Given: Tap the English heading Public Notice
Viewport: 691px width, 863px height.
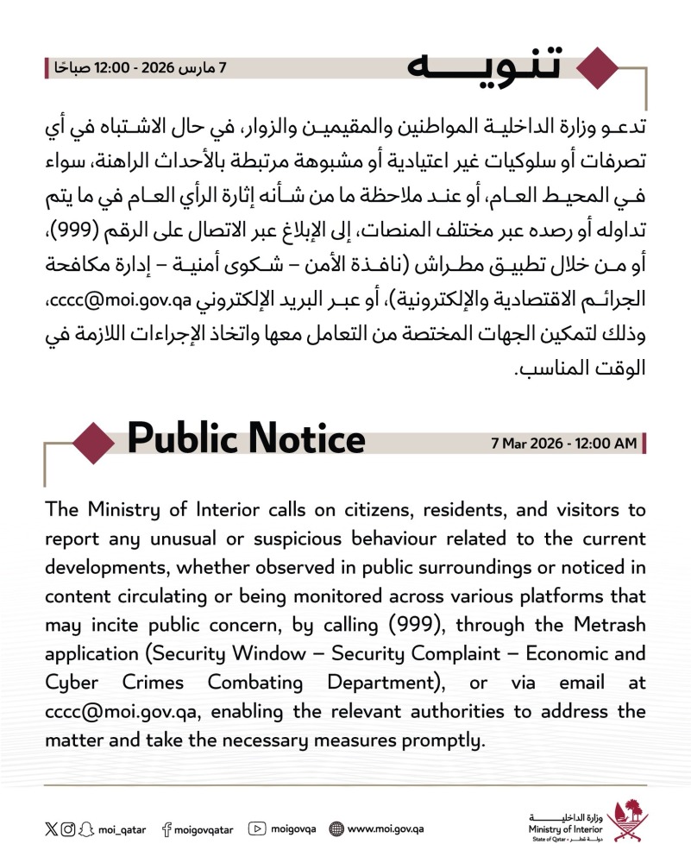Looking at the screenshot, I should pyautogui.click(x=247, y=440).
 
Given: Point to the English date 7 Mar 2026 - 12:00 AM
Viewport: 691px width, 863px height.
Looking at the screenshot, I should pyautogui.click(x=562, y=444).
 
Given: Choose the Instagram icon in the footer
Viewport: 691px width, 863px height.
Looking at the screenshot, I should pyautogui.click(x=67, y=829).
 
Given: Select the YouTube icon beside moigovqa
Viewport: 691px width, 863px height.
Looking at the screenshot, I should pyautogui.click(x=256, y=829).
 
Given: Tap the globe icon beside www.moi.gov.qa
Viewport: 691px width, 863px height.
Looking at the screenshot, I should pyautogui.click(x=336, y=829).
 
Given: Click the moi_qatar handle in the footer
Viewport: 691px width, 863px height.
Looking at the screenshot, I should pyautogui.click(x=121, y=829).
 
